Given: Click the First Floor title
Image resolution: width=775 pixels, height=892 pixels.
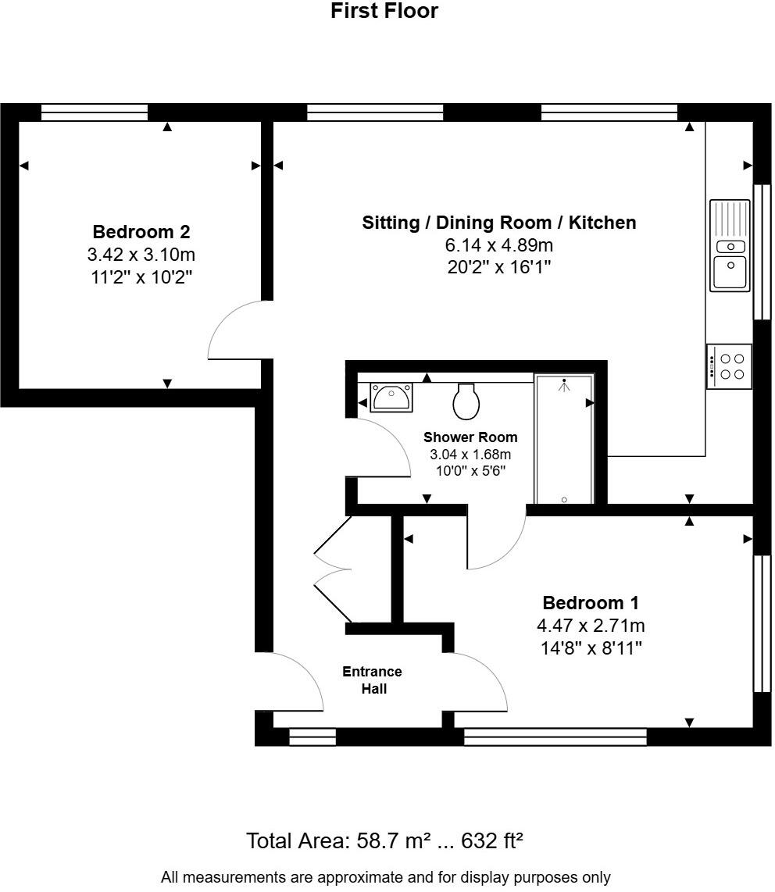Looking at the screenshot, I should pyautogui.click(x=384, y=11).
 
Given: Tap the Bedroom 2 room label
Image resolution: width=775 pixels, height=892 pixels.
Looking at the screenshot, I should pyautogui.click(x=141, y=232).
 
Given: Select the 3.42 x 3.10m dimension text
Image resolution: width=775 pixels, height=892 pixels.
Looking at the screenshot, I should pyautogui.click(x=141, y=255).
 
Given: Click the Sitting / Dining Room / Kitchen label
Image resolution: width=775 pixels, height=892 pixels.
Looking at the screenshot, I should pyautogui.click(x=498, y=223).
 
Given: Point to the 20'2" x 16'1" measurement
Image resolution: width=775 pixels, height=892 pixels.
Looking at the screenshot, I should pyautogui.click(x=498, y=267).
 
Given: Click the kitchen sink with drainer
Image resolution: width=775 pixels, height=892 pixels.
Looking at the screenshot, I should pyautogui.click(x=730, y=244).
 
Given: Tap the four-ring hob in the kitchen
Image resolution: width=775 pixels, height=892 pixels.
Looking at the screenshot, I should pyautogui.click(x=730, y=366).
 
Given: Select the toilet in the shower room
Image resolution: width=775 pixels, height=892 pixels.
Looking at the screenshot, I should pyautogui.click(x=466, y=401).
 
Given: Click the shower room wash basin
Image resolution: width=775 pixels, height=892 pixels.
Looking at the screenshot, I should pyautogui.click(x=391, y=398).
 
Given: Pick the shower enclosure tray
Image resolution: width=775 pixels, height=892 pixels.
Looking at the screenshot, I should pyautogui.click(x=564, y=439).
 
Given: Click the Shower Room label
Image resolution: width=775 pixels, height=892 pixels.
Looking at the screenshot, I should pyautogui.click(x=470, y=437).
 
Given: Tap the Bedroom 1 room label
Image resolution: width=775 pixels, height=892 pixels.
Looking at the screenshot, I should pyautogui.click(x=591, y=603).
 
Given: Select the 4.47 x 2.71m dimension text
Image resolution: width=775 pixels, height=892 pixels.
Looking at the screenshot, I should pyautogui.click(x=591, y=626).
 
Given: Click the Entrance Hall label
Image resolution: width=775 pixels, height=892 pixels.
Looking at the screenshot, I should pyautogui.click(x=373, y=680).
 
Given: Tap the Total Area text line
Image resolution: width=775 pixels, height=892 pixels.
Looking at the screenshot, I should pyautogui.click(x=384, y=841).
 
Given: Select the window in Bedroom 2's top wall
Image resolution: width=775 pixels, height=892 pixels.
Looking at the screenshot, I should pyautogui.click(x=95, y=113).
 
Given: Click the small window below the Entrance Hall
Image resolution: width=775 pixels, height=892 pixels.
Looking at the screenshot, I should pyautogui.click(x=312, y=737).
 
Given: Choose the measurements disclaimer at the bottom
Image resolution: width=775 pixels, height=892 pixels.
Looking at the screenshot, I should pyautogui.click(x=386, y=877).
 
